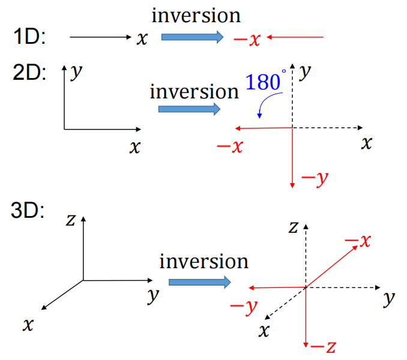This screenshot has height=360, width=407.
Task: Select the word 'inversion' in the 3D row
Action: (x=203, y=262)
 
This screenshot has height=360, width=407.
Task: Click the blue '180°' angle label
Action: (x=264, y=82)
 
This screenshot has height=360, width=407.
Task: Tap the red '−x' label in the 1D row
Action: (x=247, y=40)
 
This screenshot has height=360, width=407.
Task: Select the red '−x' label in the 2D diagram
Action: (x=229, y=146)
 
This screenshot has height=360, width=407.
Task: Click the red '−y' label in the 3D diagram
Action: (x=244, y=306)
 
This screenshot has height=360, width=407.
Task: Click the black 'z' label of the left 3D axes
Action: (x=70, y=220)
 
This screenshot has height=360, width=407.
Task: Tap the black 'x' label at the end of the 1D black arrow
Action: (x=142, y=39)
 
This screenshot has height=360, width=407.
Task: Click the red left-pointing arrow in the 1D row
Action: (x=295, y=38)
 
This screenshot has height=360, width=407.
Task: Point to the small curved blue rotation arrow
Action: (x=262, y=107)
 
